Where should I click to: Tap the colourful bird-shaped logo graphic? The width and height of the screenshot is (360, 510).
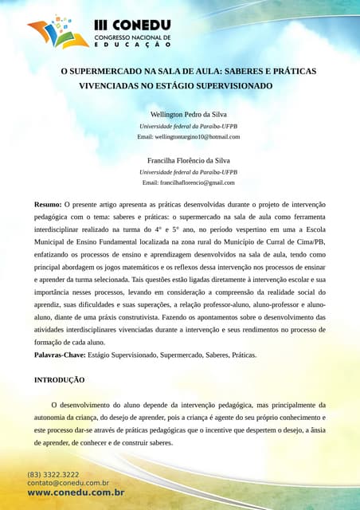(x=58, y=31)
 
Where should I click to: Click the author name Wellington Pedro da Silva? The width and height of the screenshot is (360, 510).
(x=189, y=115)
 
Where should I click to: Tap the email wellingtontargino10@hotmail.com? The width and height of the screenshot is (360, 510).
(x=189, y=137)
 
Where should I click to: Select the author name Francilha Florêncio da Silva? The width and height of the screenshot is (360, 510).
(x=189, y=160)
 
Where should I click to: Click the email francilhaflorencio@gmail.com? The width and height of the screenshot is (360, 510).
(x=189, y=182)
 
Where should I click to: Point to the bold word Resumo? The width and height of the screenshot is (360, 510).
(x=47, y=205)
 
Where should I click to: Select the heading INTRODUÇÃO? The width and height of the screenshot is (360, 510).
(x=59, y=380)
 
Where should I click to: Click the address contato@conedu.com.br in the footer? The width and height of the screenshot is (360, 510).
(x=68, y=483)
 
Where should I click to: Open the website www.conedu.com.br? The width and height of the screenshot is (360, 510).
(x=76, y=493)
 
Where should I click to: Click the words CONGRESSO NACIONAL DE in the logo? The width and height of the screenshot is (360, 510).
(x=133, y=37)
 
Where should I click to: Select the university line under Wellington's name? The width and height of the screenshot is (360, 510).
(x=189, y=127)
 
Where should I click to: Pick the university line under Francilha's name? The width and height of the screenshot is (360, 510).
(x=189, y=172)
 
